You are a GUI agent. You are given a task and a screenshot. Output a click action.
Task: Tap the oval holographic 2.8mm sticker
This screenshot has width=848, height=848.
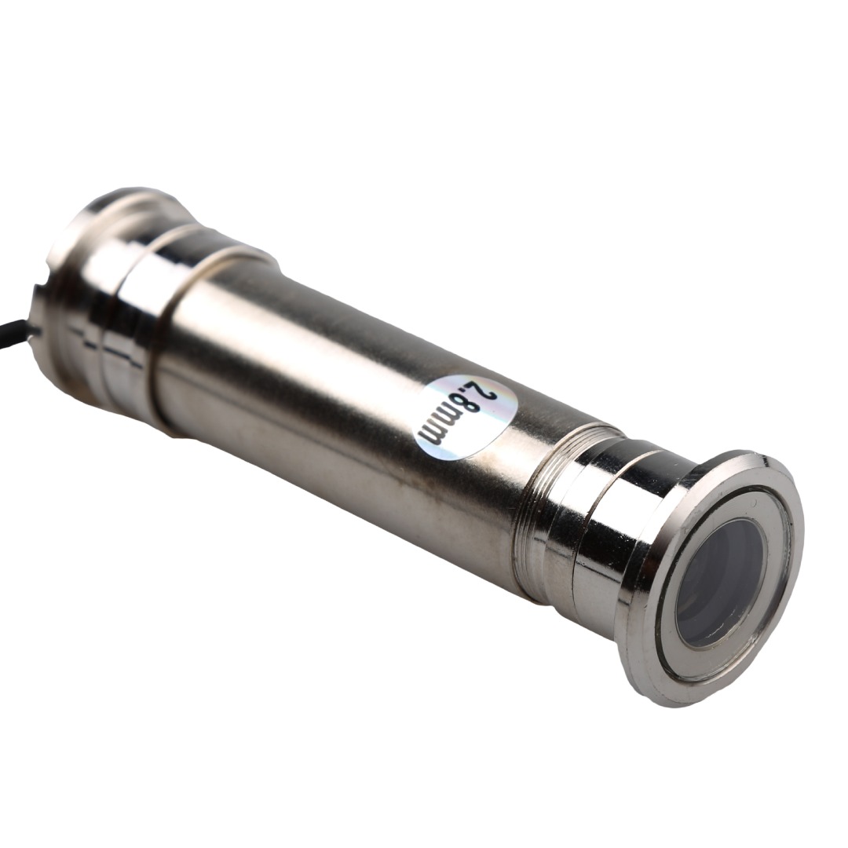[462, 416]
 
